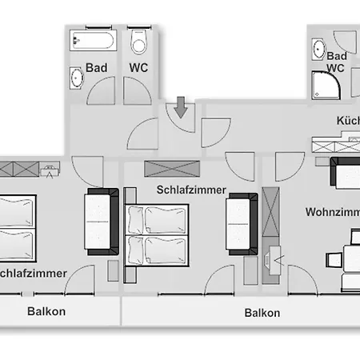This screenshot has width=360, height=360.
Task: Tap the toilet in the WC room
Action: [x=140, y=42]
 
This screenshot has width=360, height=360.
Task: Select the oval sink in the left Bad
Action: [x=78, y=78]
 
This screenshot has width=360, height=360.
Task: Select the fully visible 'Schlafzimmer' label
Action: [x=190, y=190]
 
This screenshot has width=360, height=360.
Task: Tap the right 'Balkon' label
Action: [x=262, y=313]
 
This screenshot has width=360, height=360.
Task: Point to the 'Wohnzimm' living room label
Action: [x=331, y=213]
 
